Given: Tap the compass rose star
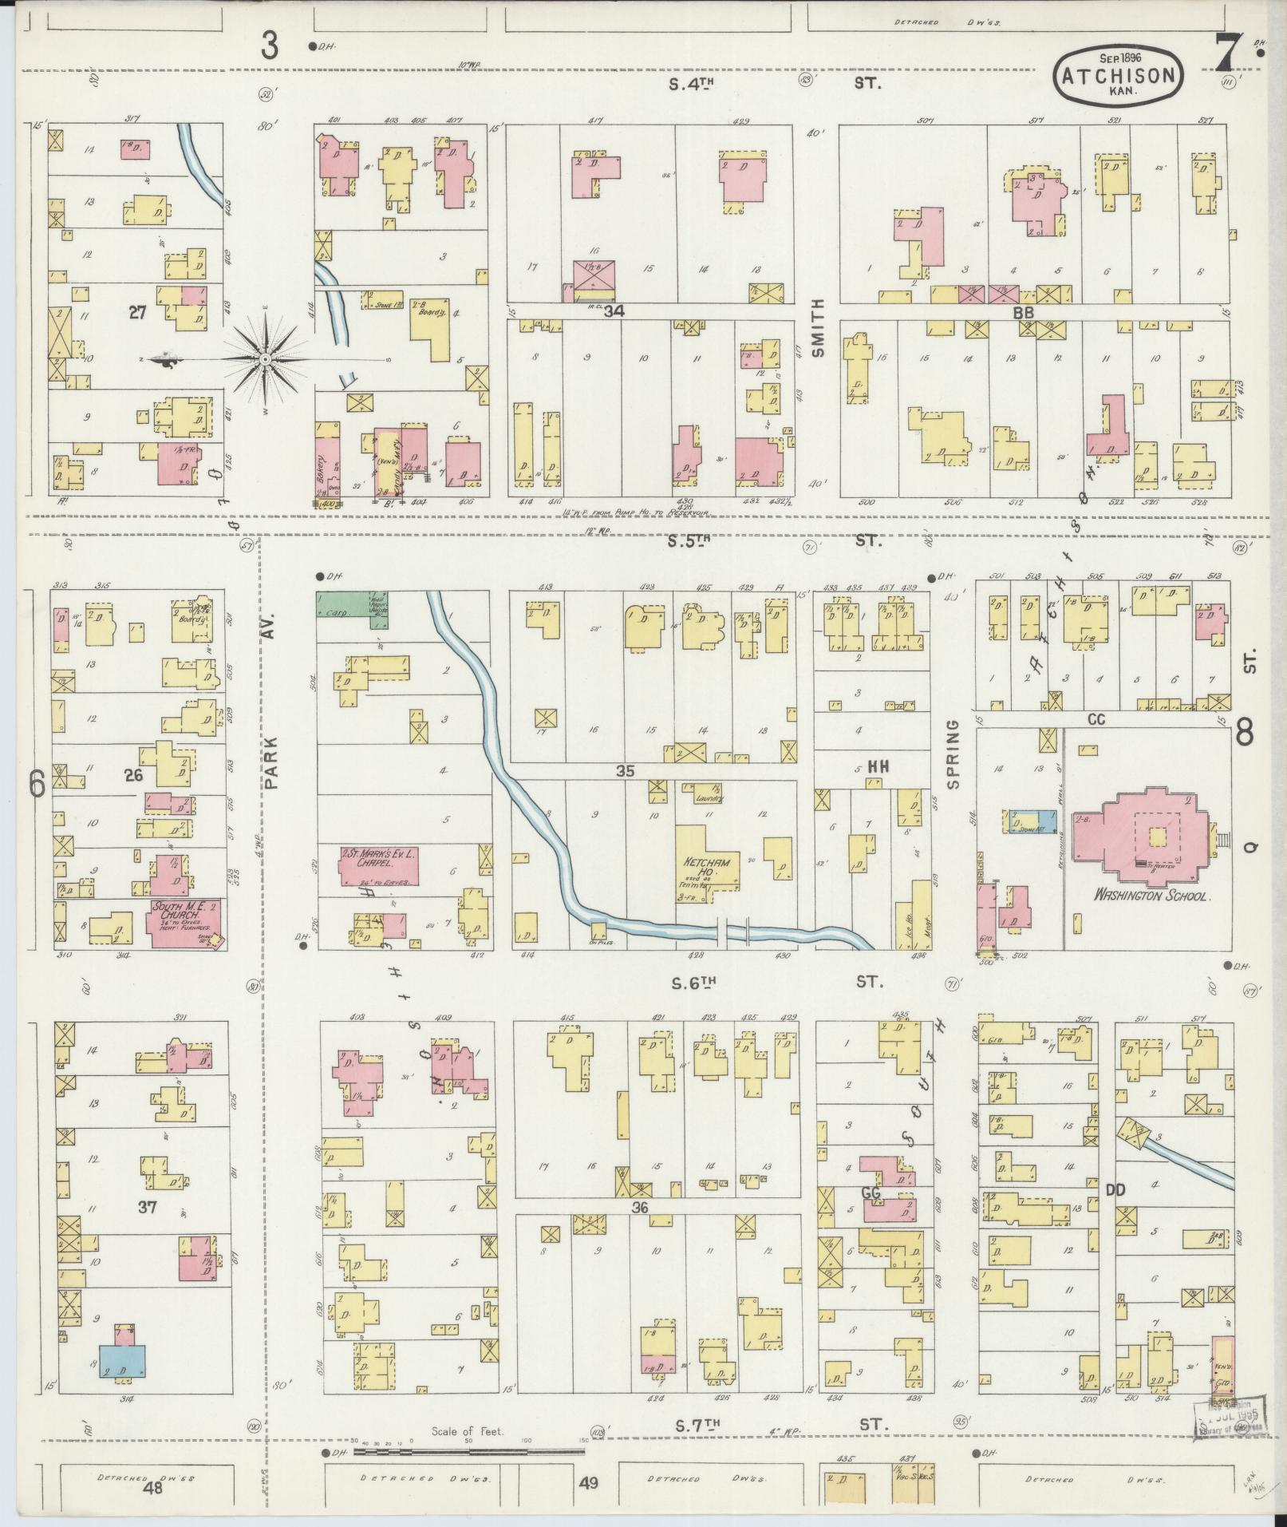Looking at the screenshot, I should pos(266,359).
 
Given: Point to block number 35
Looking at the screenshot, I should pos(624,771).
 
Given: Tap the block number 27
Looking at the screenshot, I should pos(138,313).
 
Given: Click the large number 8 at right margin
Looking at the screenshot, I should pos(1245,731).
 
